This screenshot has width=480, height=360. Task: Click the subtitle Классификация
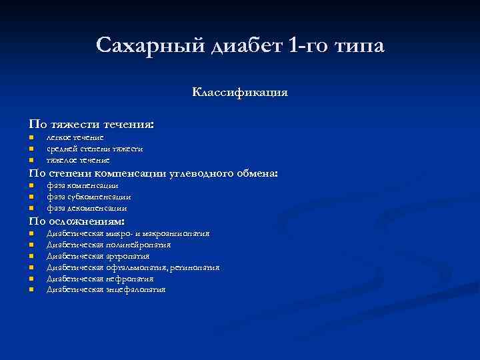pyautogui.click(x=240, y=92)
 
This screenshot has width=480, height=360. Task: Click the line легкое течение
pyautogui.click(x=75, y=137)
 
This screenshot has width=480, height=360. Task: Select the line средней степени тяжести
pyautogui.click(x=94, y=149)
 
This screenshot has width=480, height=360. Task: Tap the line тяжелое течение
pyautogui.click(x=77, y=160)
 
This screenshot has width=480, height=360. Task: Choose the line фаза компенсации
pyautogui.click(x=83, y=186)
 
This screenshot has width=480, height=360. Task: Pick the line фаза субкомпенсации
pyautogui.click(x=89, y=197)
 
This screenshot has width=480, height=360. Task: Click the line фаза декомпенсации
pyautogui.click(x=87, y=209)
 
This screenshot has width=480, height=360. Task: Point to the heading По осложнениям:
pyautogui.click(x=77, y=221)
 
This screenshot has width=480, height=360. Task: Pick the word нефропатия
pyautogui.click(x=130, y=279)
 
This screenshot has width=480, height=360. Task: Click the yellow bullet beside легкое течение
pyautogui.click(x=31, y=138)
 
